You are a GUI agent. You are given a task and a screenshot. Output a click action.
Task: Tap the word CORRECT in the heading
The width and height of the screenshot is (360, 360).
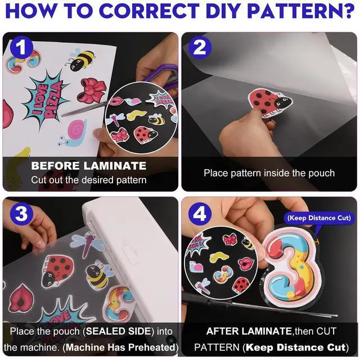coord(149,11)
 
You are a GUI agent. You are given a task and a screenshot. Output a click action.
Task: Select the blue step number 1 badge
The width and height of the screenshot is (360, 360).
coord(21,47)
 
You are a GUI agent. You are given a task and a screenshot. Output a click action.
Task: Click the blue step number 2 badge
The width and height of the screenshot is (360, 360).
coord(200,48)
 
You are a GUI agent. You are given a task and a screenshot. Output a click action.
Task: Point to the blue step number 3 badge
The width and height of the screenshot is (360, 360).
coord(21,214)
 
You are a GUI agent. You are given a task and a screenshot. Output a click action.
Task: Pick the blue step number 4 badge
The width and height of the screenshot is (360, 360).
coord(200,214)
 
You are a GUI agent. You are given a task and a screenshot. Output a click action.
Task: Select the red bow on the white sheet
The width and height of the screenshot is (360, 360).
coord(92,91)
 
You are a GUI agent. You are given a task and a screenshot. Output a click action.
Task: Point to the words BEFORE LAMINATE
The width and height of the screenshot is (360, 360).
coord(89,166)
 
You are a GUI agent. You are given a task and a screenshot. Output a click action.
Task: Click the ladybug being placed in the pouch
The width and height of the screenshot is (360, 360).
coord(270,103)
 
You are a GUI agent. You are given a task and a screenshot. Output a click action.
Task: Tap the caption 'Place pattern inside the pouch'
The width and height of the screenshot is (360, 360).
coord(269,173)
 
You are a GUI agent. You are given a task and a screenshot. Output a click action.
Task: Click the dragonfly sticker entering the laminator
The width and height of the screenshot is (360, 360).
coord(87,244)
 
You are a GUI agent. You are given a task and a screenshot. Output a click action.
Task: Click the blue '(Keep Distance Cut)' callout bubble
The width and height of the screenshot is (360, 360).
coord(319,218)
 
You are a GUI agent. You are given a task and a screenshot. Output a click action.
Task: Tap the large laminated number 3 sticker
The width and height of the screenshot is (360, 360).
coord(292,265)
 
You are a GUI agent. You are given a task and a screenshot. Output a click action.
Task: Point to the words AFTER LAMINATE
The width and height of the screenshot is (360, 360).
coord(249,331)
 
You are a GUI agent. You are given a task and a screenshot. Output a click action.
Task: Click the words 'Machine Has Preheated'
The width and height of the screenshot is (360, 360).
coord(120,348)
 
